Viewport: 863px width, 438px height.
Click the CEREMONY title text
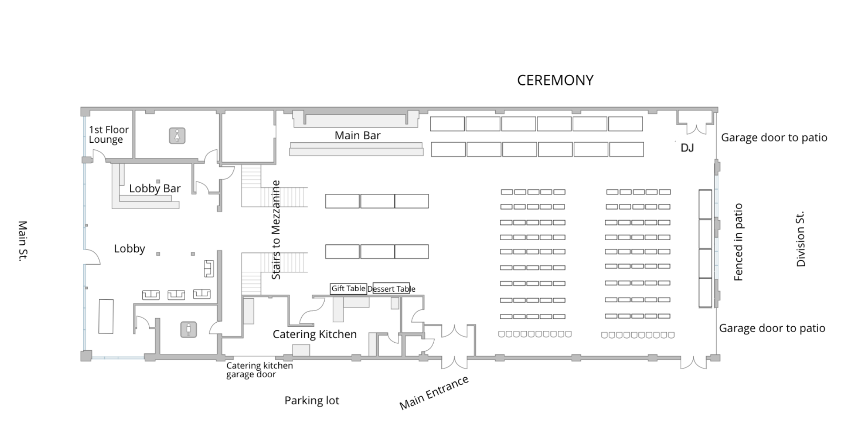pos(555,80)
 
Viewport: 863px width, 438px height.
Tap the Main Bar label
pos(357,135)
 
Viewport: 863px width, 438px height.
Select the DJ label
pos(687,148)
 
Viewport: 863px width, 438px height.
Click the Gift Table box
pos(348,289)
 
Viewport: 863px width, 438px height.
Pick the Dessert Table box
pos(391,289)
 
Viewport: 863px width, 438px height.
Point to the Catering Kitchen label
pos(315,334)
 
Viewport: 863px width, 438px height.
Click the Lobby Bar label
pos(155,188)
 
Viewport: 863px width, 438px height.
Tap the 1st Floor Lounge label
pos(109,134)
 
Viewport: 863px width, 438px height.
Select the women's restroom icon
pos(177,136)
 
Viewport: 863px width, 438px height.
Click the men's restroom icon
pos(188,330)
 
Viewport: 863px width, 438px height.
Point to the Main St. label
pos(23,241)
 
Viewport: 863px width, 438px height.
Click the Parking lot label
pos(311,401)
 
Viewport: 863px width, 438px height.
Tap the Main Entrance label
pos(434,393)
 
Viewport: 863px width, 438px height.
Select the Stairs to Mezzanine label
pos(276,230)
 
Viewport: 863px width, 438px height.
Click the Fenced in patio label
pos(738,242)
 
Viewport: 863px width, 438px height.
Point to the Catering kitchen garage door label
pos(259,370)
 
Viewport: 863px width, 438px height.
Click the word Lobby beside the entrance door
pos(129,249)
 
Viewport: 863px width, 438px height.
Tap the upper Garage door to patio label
pos(774,137)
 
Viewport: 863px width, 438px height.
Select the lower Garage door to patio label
pos(772,328)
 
